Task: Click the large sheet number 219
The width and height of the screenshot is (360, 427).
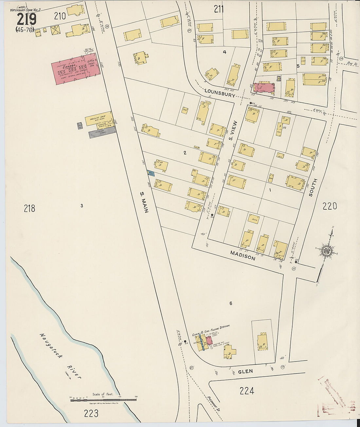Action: tap(27, 19)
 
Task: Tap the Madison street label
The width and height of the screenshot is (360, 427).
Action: tap(243, 255)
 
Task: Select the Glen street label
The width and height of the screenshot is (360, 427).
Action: tap(245, 371)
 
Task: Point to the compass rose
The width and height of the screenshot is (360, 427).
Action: tap(326, 251)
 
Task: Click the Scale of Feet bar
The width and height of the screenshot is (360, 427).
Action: tap(103, 400)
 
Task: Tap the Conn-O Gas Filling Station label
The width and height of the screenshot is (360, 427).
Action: tap(211, 330)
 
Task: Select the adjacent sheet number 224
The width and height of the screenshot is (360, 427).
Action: tap(247, 391)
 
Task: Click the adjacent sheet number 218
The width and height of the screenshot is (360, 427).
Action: tap(29, 208)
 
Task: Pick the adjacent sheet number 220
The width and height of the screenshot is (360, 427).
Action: tap(330, 206)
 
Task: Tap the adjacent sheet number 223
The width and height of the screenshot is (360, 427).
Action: tap(91, 414)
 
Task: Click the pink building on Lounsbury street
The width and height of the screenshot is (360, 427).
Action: tap(264, 88)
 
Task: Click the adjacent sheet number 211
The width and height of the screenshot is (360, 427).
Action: tap(219, 9)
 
